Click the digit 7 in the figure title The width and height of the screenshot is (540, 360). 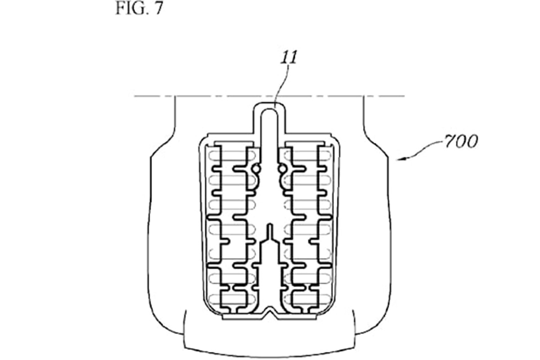pyautogui.click(x=158, y=8)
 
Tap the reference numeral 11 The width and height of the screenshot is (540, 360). pyautogui.click(x=288, y=58)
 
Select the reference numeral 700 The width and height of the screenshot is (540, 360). pyautogui.click(x=460, y=141)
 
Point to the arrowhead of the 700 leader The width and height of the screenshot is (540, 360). pyautogui.click(x=400, y=159)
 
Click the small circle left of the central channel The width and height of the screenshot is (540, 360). pyautogui.click(x=256, y=169)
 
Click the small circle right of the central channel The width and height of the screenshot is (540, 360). pyautogui.click(x=282, y=169)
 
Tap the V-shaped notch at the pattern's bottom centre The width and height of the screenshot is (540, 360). pyautogui.click(x=270, y=314)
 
